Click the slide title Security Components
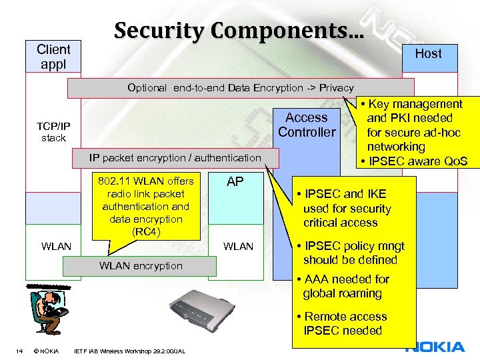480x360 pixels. (x=239, y=30)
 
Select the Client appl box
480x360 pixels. (x=53, y=57)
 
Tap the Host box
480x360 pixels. (x=428, y=54)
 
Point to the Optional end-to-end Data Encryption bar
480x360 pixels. (x=241, y=87)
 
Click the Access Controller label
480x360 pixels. (x=307, y=125)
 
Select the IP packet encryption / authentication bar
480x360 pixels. (x=176, y=157)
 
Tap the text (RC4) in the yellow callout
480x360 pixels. (x=145, y=231)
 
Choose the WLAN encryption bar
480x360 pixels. (x=140, y=266)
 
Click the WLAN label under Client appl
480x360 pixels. (x=56, y=247)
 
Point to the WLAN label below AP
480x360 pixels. (x=238, y=247)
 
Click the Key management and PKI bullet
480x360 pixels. (x=411, y=125)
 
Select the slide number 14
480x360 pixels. (x=20, y=351)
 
